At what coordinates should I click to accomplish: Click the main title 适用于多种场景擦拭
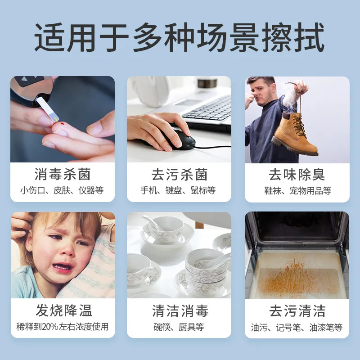[x=180, y=38]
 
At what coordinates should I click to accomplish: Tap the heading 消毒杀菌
[x=63, y=174]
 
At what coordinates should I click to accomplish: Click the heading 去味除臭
[x=297, y=174]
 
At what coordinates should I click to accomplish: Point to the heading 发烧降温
[x=63, y=310]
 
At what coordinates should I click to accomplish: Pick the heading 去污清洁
[x=297, y=310]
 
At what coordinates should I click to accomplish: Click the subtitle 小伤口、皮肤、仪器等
[x=63, y=190]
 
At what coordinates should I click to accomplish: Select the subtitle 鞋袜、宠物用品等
[x=297, y=190]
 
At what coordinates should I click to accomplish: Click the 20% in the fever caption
[x=49, y=327]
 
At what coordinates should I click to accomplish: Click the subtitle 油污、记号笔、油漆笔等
[x=297, y=327]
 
